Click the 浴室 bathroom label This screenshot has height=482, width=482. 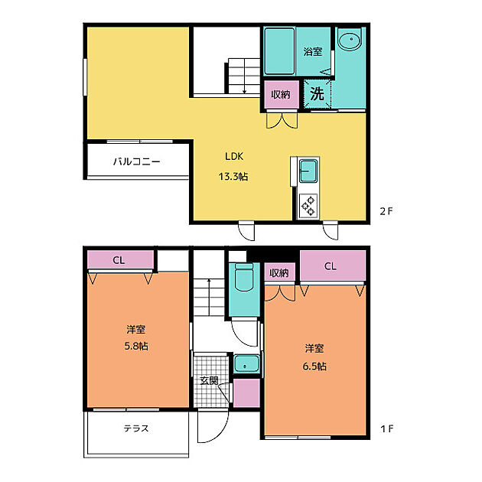(312, 52)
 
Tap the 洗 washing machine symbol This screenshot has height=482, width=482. (317, 94)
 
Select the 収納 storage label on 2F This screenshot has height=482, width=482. (280, 94)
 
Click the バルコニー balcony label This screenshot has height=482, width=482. (136, 162)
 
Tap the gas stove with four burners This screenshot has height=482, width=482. (308, 204)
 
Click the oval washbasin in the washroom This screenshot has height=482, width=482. (350, 41)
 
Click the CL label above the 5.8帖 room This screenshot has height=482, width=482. (119, 260)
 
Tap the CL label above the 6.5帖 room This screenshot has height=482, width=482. (330, 267)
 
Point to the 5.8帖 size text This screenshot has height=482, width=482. (137, 346)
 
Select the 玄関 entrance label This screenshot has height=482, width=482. (209, 379)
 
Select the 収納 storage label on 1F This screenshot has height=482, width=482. (278, 272)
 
